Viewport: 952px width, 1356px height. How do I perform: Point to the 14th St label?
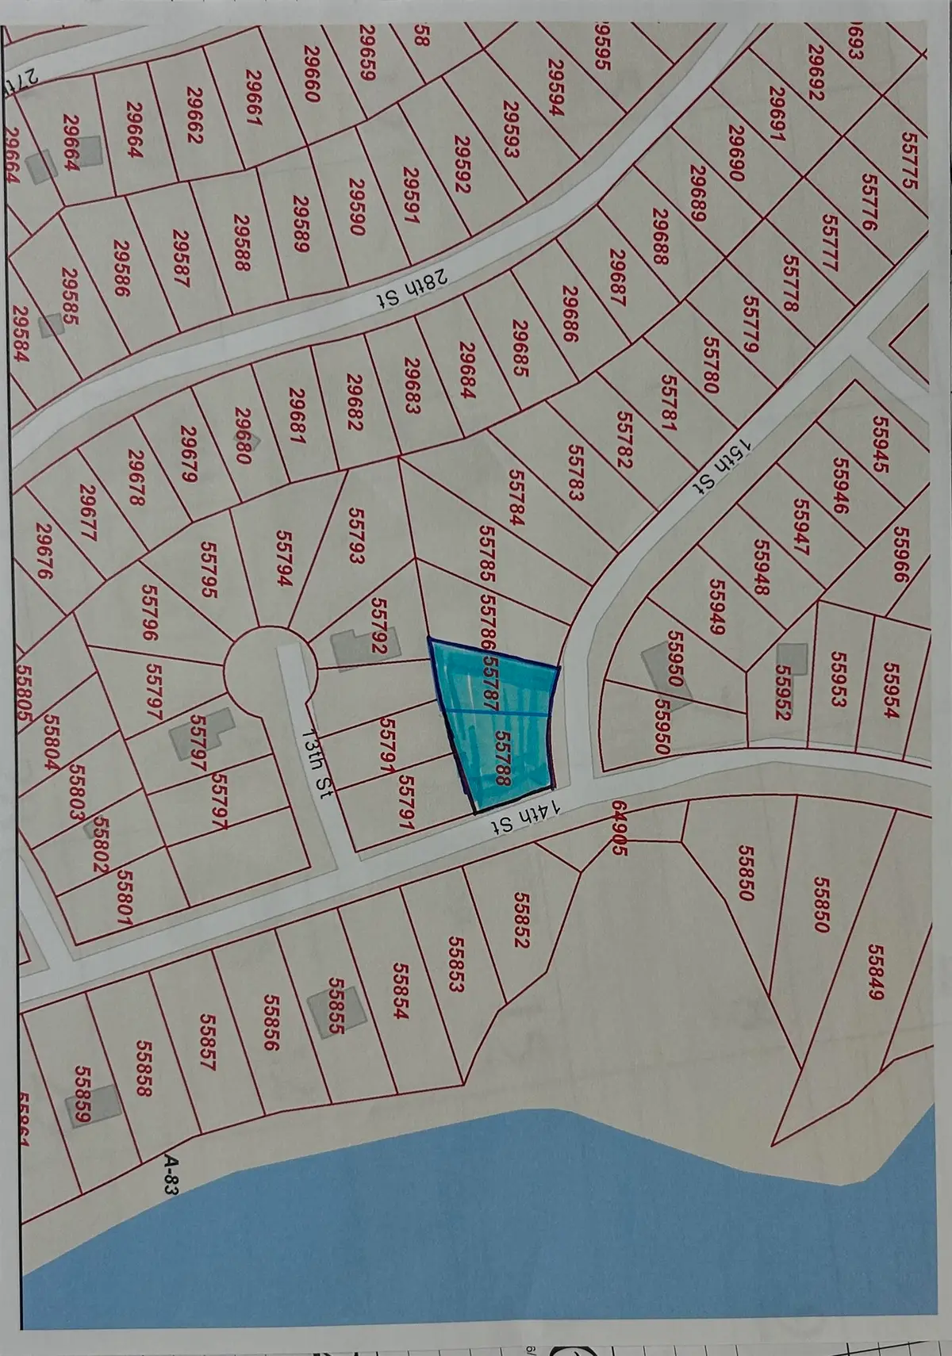[x=528, y=817]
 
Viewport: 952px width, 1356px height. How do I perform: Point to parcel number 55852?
[x=521, y=919]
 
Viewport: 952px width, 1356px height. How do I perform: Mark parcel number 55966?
[x=900, y=554]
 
